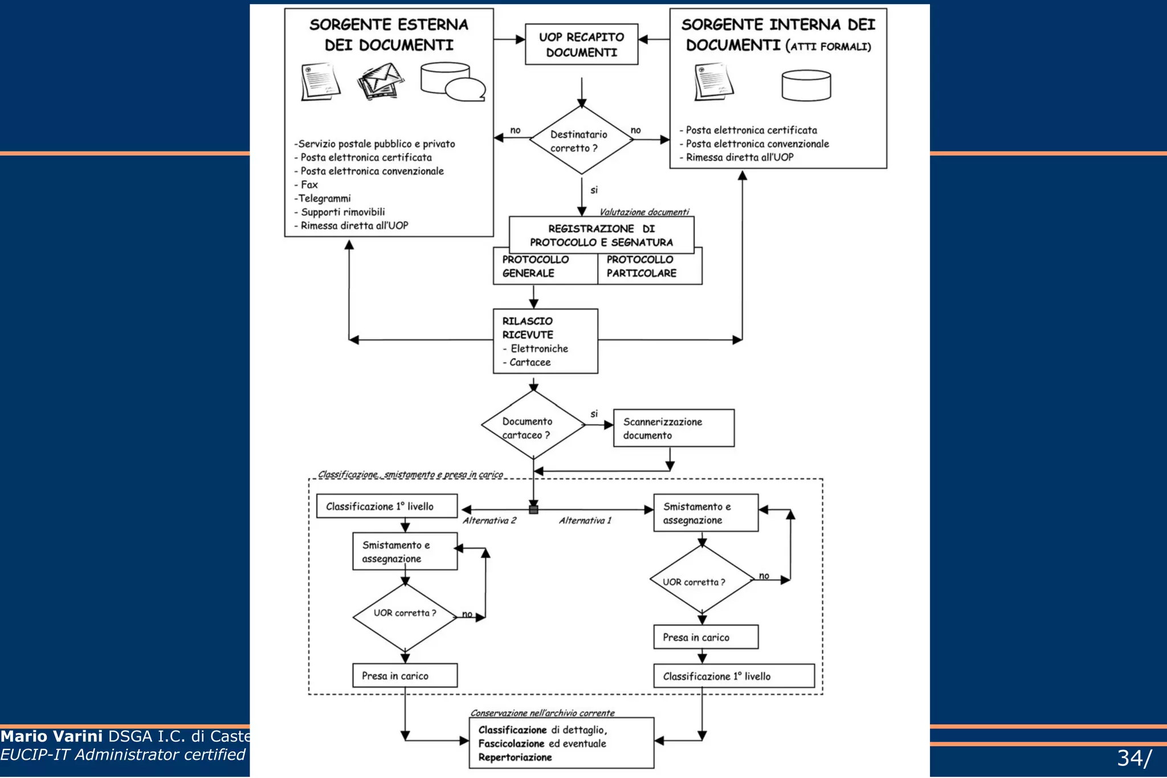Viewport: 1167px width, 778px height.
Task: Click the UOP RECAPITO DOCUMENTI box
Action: point(581,44)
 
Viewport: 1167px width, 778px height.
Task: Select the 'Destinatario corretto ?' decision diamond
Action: point(581,141)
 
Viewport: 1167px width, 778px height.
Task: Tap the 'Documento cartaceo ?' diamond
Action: point(533,425)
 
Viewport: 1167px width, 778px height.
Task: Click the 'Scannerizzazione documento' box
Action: point(674,428)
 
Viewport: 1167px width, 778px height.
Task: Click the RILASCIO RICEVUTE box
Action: point(545,341)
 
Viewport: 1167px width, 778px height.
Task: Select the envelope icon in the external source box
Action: point(381,80)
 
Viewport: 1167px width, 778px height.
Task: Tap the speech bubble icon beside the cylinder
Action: point(465,89)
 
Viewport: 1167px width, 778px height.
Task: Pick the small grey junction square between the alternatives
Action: point(533,510)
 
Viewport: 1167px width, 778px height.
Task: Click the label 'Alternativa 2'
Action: point(489,520)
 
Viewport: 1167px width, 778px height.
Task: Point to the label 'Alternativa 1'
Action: point(585,520)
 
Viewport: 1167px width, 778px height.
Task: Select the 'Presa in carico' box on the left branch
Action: point(405,675)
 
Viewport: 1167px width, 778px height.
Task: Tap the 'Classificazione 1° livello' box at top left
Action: point(387,506)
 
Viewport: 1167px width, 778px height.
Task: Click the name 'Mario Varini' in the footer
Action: point(52,736)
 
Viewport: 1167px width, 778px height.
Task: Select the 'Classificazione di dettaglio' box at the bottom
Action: point(561,743)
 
